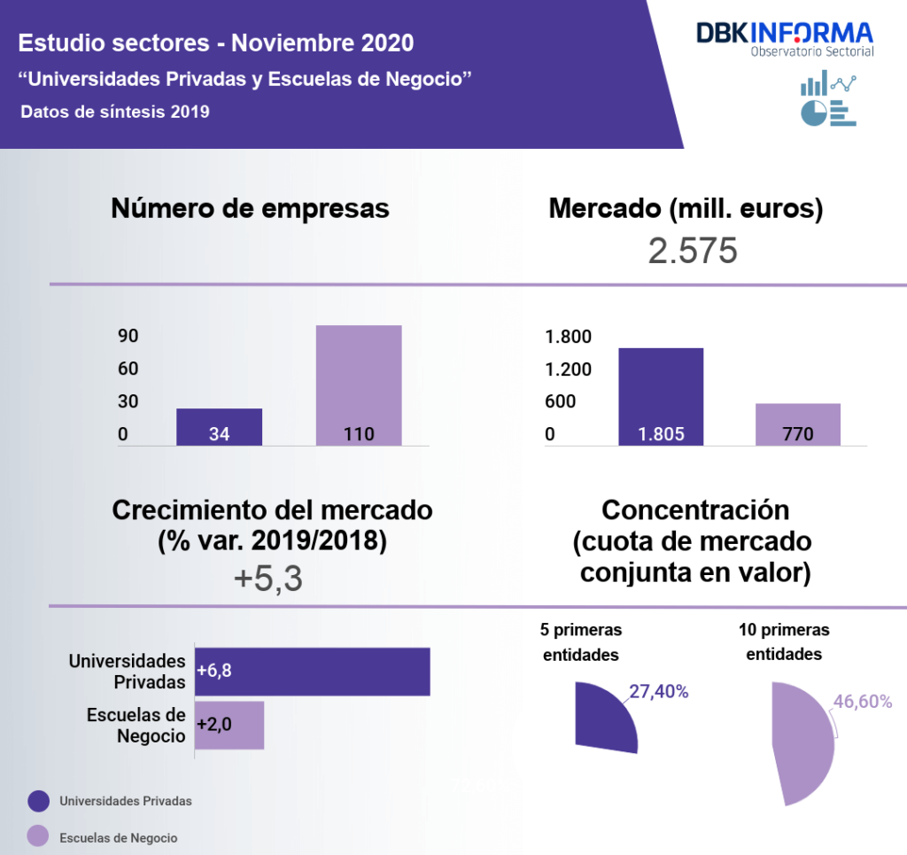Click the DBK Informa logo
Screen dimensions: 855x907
coord(785,38)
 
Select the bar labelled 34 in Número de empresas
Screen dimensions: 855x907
coord(219,427)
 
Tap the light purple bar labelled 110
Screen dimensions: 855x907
coord(359,385)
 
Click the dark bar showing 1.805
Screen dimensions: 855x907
coord(660,397)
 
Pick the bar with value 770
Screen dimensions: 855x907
coord(798,424)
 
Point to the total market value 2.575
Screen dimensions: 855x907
coord(693,252)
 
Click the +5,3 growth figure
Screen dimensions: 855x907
coord(268,579)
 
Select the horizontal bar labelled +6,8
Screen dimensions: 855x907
coord(312,672)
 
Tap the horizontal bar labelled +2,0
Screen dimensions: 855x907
coord(229,725)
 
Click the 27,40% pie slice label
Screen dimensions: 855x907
coord(659,692)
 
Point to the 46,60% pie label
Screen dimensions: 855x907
coord(862,702)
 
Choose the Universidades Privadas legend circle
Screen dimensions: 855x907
coord(38,801)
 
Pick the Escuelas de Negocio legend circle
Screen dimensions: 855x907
coord(38,837)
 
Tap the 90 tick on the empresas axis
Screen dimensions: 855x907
coord(128,337)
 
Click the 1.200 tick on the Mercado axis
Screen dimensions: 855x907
coord(568,369)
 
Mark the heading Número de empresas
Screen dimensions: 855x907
coord(250,208)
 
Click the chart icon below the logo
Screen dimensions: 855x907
coord(828,99)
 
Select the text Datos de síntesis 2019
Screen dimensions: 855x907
coord(114,112)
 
